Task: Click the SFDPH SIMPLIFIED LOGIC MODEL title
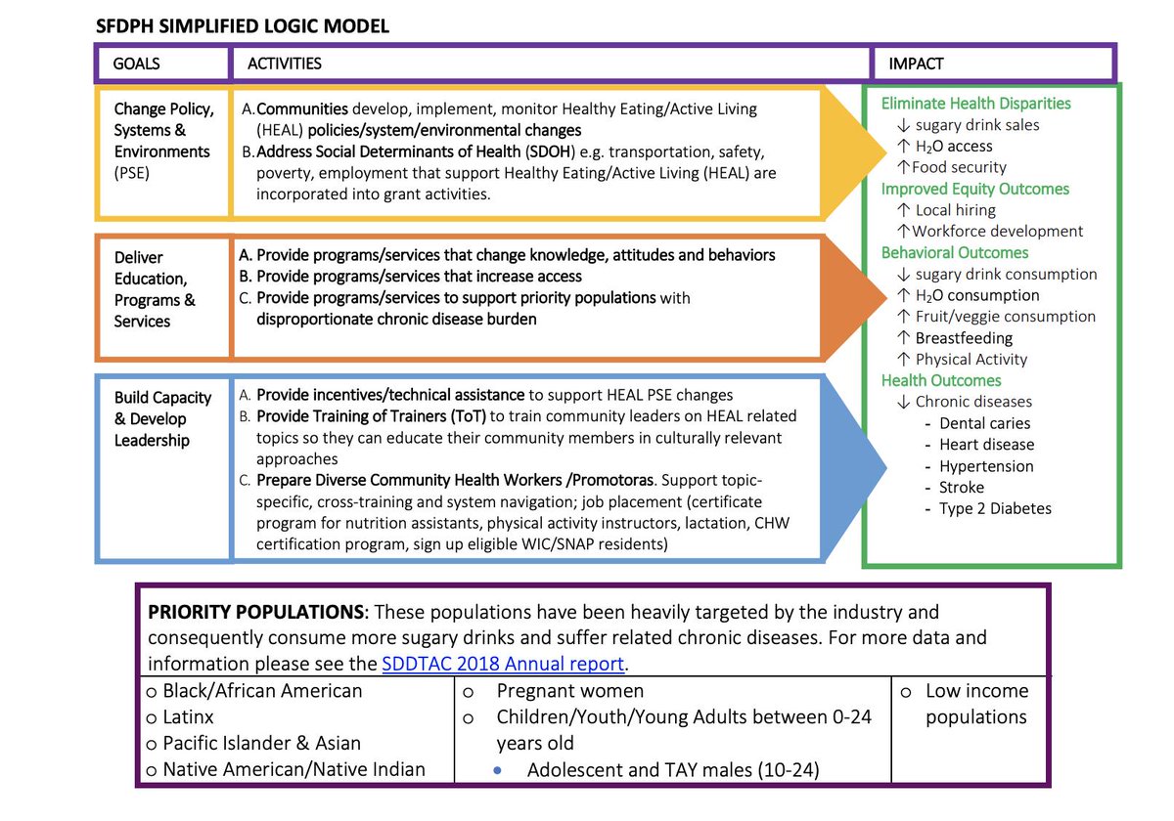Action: (242, 26)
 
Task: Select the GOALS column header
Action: (137, 64)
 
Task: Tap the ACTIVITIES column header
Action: (285, 64)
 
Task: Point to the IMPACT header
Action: (916, 64)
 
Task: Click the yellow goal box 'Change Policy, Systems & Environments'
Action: (162, 151)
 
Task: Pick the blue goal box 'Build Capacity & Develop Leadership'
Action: (162, 418)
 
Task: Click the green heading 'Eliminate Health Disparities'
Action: (975, 104)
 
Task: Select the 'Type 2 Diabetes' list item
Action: (995, 508)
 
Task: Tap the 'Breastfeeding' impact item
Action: (964, 338)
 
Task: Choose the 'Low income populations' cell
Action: (976, 704)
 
